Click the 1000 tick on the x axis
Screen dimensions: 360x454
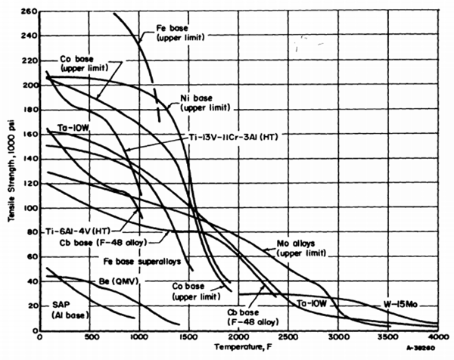tap(138, 337)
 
